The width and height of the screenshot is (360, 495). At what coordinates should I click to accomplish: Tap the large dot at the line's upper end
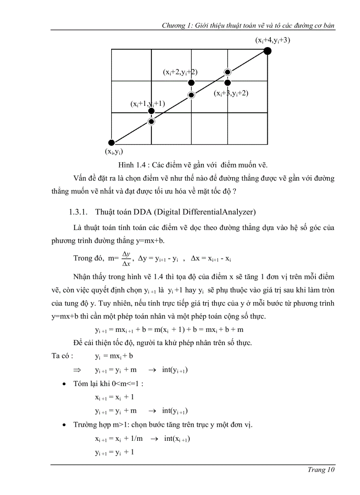(x=267, y=51)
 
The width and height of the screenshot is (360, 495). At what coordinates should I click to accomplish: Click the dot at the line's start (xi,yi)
(x=112, y=142)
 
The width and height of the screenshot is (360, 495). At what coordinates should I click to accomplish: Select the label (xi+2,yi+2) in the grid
(x=180, y=72)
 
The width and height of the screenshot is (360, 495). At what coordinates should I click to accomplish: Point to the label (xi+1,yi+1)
(x=147, y=104)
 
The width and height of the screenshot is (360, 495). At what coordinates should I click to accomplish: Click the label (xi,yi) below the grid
(x=114, y=152)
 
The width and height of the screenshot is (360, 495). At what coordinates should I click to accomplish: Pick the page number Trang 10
(x=321, y=470)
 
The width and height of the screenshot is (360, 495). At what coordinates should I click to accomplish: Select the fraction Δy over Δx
(x=126, y=259)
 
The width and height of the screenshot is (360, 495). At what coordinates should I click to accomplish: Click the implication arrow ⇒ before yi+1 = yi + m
(x=77, y=370)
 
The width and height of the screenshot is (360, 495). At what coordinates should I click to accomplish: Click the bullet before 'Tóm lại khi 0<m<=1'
(x=65, y=384)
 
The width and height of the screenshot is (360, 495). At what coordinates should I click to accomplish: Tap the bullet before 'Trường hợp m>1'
(x=65, y=425)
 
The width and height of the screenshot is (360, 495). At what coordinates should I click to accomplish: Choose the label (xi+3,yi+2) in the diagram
(x=231, y=93)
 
